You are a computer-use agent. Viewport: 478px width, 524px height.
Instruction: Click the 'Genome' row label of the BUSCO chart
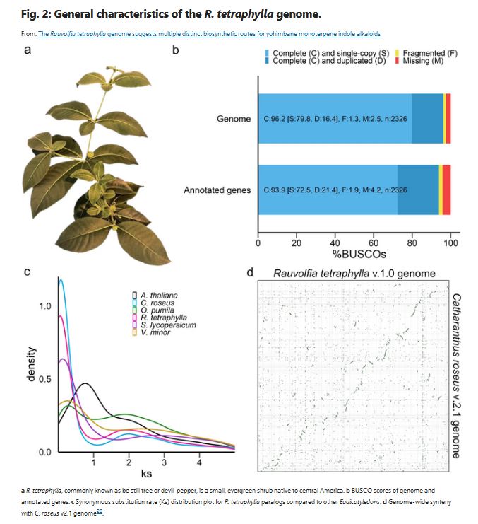234,118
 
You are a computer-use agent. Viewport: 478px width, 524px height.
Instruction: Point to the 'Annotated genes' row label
217,190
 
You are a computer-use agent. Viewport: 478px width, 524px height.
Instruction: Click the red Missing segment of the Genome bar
448,118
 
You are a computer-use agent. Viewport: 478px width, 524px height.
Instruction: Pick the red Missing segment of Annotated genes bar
446,190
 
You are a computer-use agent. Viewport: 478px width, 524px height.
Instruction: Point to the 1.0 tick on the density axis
45,307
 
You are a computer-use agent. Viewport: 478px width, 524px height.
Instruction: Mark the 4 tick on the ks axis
200,462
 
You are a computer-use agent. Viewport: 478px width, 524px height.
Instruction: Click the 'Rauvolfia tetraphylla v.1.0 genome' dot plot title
354,274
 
